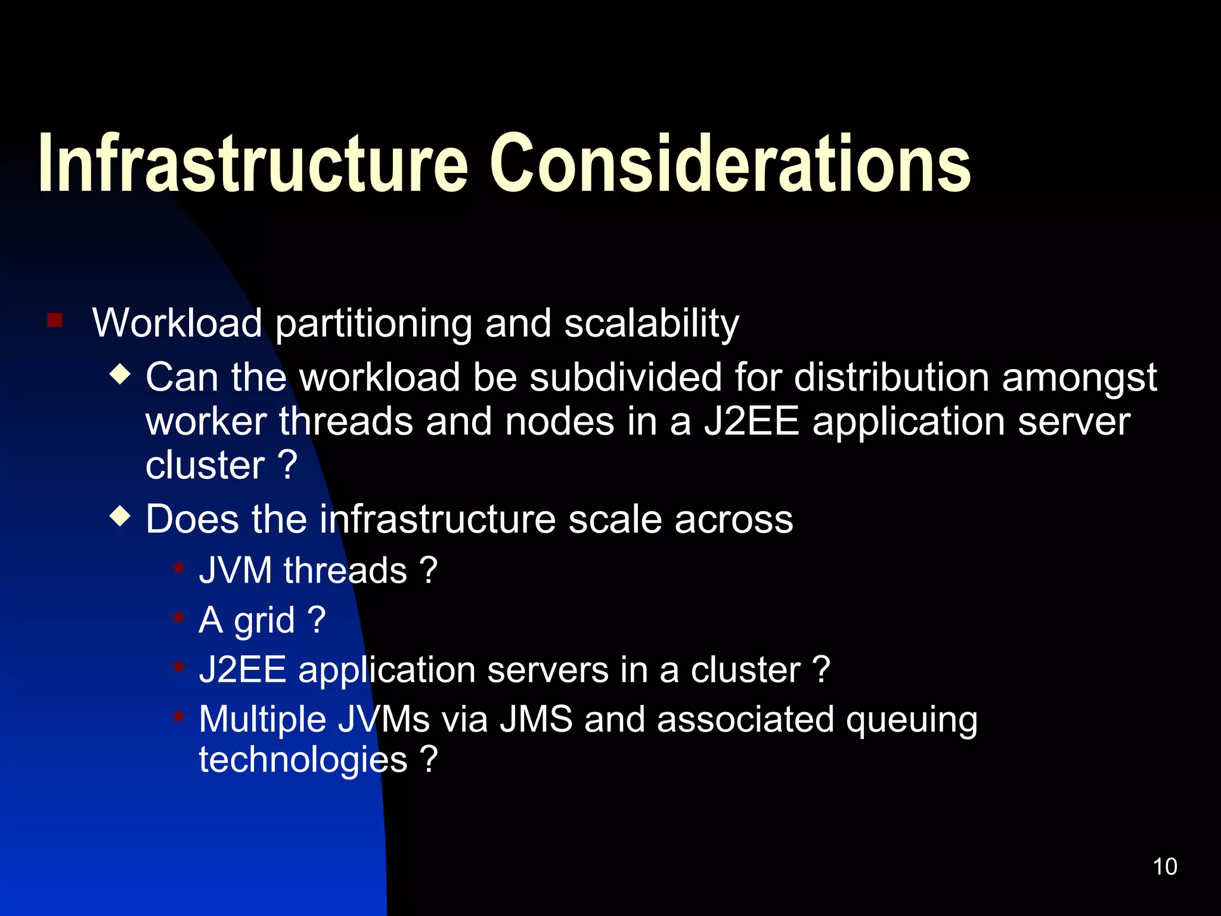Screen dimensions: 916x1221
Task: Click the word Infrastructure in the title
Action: (x=253, y=164)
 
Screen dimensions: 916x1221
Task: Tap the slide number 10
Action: (x=1164, y=867)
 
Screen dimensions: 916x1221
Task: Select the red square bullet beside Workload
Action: (x=55, y=321)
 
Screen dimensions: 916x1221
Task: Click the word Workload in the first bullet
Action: (x=177, y=323)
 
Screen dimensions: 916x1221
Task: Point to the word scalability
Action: (x=651, y=323)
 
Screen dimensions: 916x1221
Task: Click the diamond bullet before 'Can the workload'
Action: (x=120, y=375)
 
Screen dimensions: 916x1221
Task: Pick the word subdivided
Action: (x=625, y=377)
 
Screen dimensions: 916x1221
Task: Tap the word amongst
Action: (x=1079, y=379)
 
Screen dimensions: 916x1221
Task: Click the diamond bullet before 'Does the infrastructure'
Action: (x=120, y=516)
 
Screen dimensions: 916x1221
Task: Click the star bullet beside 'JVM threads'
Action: (x=178, y=567)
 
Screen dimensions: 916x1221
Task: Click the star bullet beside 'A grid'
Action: (x=178, y=617)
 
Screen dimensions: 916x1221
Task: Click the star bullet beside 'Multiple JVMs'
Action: (x=178, y=715)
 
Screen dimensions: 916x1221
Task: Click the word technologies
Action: (x=303, y=760)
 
